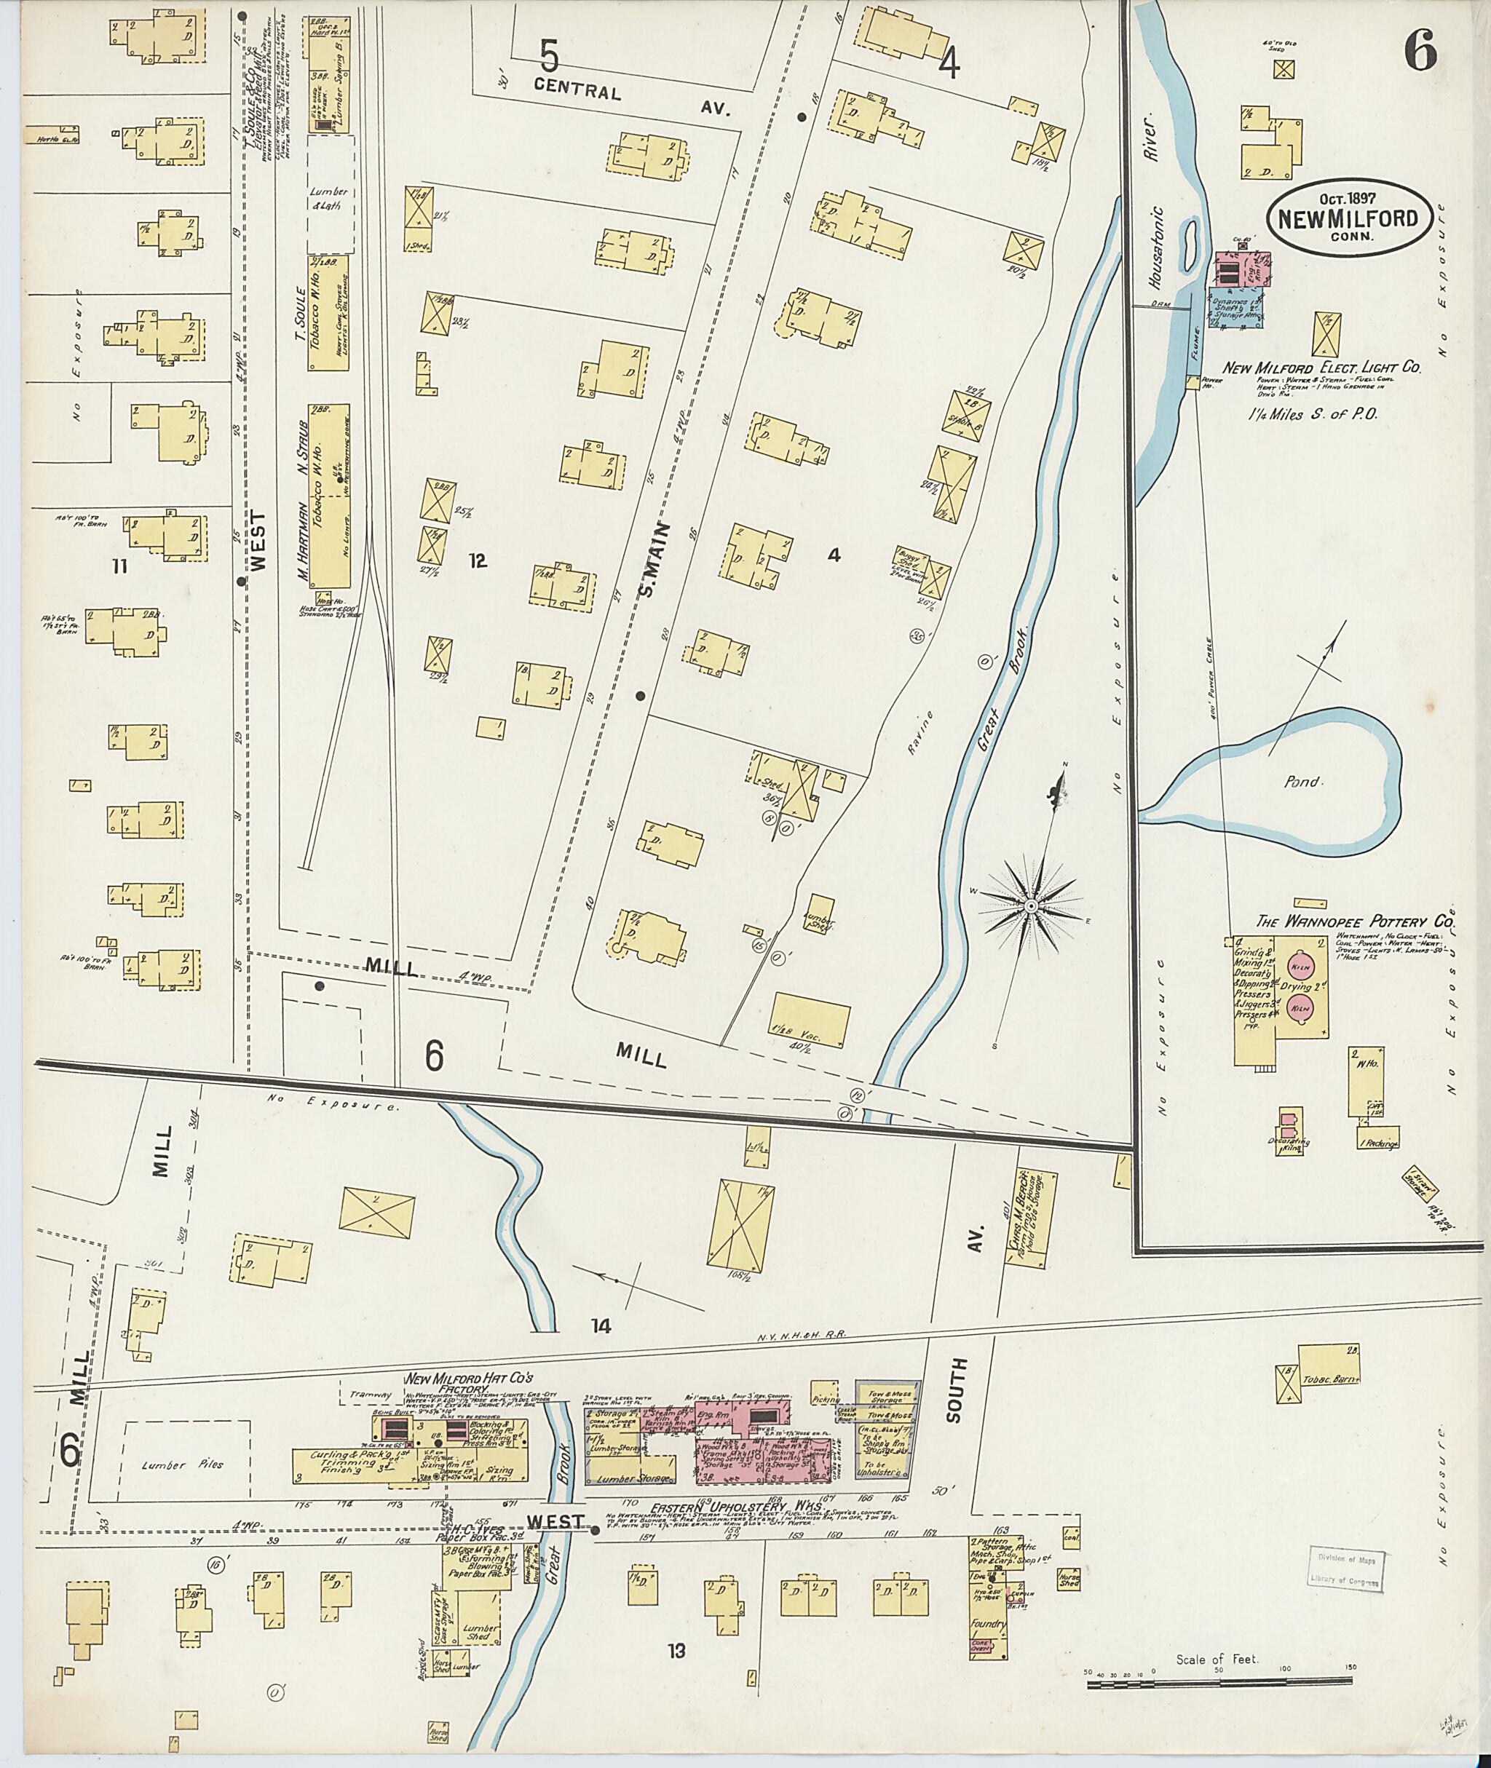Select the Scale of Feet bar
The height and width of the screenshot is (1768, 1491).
pos(1219,1685)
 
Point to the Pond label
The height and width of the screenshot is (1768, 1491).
pos(1301,782)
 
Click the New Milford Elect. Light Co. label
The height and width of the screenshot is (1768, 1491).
pos(1321,368)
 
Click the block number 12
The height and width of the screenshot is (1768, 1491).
pos(478,560)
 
